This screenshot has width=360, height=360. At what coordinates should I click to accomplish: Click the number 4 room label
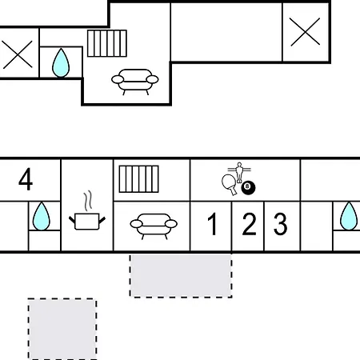tap(26, 179)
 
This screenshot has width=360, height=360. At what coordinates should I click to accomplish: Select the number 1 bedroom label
tap(213, 224)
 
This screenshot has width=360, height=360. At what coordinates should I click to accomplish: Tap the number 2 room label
tap(249, 224)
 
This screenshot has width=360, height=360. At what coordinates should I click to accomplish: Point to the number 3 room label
tap(281, 224)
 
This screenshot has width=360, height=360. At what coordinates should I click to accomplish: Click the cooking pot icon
tap(87, 222)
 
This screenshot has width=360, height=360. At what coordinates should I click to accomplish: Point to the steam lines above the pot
tap(88, 201)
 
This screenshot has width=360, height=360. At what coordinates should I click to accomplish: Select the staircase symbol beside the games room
tap(138, 179)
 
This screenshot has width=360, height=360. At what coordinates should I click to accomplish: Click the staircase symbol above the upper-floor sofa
tap(107, 43)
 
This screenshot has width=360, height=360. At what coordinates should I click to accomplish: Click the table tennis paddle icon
tap(230, 183)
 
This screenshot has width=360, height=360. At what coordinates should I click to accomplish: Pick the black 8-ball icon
tap(248, 188)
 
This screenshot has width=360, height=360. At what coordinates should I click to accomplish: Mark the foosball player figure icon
tap(239, 172)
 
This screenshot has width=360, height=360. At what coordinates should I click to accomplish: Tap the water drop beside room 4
tap(42, 217)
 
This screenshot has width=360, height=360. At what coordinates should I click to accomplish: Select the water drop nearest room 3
tap(349, 216)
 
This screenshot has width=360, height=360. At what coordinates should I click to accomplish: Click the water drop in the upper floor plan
tap(61, 63)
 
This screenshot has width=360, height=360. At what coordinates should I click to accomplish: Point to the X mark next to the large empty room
tap(306, 32)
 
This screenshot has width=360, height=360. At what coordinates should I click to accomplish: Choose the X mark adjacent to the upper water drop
tap(18, 54)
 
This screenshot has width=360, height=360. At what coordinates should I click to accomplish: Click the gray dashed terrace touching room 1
tap(181, 275)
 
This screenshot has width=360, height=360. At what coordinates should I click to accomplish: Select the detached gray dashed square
tap(62, 329)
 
